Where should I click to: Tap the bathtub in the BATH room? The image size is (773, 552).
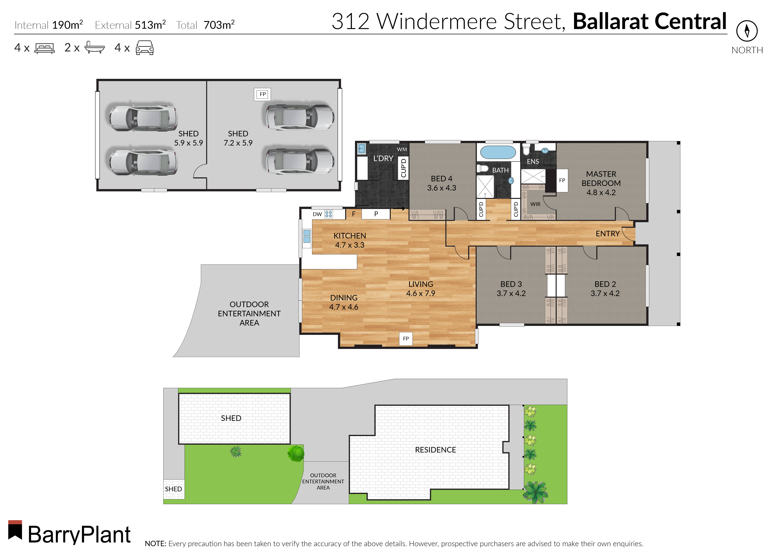[498, 152]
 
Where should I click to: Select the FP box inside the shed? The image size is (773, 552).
[263, 94]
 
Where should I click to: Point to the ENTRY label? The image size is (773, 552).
[608, 234]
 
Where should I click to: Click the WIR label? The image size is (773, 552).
[535, 204]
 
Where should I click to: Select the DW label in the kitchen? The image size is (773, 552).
[317, 214]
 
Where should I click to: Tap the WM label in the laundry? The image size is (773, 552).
[402, 149]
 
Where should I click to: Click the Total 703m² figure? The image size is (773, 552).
[205, 25]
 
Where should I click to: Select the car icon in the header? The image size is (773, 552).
[144, 48]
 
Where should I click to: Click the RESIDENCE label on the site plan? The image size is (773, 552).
[435, 450]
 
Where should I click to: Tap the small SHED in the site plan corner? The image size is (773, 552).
[174, 489]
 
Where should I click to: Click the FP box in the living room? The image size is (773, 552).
[406, 339]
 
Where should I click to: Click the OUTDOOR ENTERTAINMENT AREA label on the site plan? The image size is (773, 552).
[323, 481]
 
